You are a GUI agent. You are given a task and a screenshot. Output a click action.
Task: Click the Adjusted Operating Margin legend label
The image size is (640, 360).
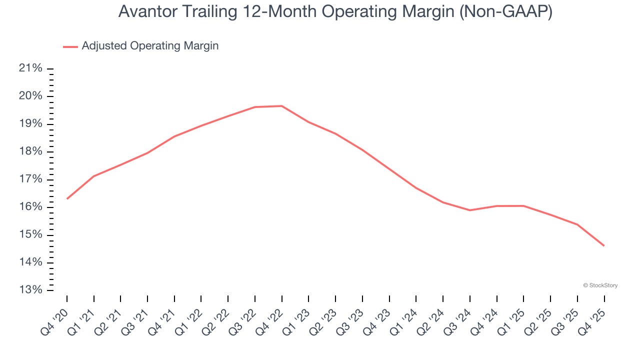150,46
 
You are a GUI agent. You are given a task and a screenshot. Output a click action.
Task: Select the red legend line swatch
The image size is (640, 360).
70,46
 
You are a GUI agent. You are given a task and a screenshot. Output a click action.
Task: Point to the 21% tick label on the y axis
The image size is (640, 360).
30,68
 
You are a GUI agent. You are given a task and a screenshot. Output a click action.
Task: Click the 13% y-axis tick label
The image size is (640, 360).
30,290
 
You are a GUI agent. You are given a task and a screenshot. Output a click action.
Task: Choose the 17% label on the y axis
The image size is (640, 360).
30,179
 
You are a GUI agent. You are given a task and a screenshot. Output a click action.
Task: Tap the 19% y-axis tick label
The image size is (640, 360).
30,124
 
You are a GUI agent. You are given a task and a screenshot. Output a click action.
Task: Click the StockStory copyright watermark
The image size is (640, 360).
600,285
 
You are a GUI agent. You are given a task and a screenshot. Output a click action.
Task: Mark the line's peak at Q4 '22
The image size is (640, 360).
282,106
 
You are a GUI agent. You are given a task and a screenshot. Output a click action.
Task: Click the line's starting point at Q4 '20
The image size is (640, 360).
67,198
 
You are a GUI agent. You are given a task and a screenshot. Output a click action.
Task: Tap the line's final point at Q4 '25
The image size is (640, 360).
604,245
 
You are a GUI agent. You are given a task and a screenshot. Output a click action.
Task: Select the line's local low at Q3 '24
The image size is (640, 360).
470,210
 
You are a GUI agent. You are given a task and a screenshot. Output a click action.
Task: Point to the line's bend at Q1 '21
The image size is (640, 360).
94,176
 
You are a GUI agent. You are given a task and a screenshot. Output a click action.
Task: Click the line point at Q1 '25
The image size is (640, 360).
523,206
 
